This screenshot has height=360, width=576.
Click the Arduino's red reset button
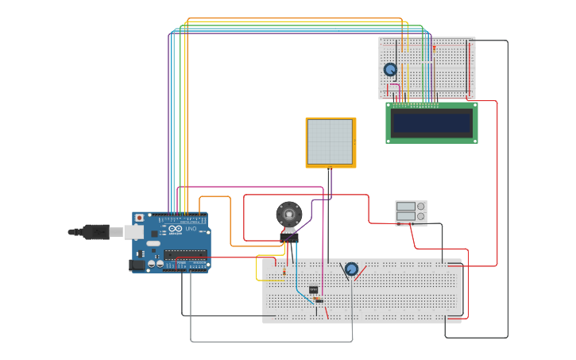pyautogui.click(x=140, y=218)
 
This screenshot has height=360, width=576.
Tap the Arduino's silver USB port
pyautogui.click(x=133, y=232)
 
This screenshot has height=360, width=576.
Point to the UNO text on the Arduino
pyautogui.click(x=191, y=230)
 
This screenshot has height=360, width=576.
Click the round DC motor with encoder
pyautogui.click(x=289, y=214)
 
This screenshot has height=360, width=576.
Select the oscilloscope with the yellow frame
pyautogui.click(x=331, y=142)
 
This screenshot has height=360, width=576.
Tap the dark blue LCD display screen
pyautogui.click(x=431, y=122)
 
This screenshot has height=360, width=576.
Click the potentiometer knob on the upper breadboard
pyautogui.click(x=390, y=70)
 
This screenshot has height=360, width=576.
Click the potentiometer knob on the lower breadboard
pyautogui.click(x=351, y=269)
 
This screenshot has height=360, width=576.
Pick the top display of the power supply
pyautogui.click(x=405, y=207)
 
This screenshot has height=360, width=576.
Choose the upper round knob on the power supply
pyautogui.click(x=421, y=207)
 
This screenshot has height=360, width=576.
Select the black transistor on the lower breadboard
pyautogui.click(x=313, y=289)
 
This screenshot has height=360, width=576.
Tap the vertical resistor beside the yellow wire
pyautogui.click(x=284, y=273)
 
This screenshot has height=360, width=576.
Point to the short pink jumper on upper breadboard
pyautogui.click(x=393, y=85)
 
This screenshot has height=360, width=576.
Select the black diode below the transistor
pyautogui.click(x=319, y=300)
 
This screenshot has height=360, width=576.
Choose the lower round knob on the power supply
pyautogui.click(x=421, y=216)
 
